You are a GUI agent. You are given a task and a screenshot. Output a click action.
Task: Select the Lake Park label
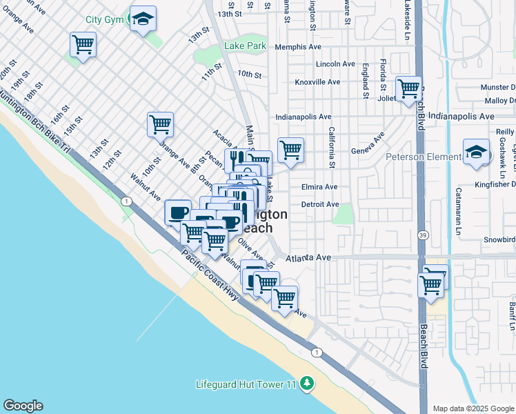tap(244, 47)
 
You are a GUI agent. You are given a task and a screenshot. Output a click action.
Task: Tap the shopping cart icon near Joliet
tap(408, 88)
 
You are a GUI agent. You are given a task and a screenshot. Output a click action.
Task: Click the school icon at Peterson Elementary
tap(476, 152)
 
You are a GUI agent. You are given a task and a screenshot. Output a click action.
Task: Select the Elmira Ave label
tap(319, 187)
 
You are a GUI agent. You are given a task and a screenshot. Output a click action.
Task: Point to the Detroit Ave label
tap(320, 205)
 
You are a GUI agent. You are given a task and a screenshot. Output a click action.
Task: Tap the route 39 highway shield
tap(421, 236)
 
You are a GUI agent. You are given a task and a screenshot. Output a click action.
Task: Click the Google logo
tap(23, 405)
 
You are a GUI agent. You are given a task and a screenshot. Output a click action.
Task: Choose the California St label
tap(332, 148)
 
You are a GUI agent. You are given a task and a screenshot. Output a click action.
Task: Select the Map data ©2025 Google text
tap(473, 408)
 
